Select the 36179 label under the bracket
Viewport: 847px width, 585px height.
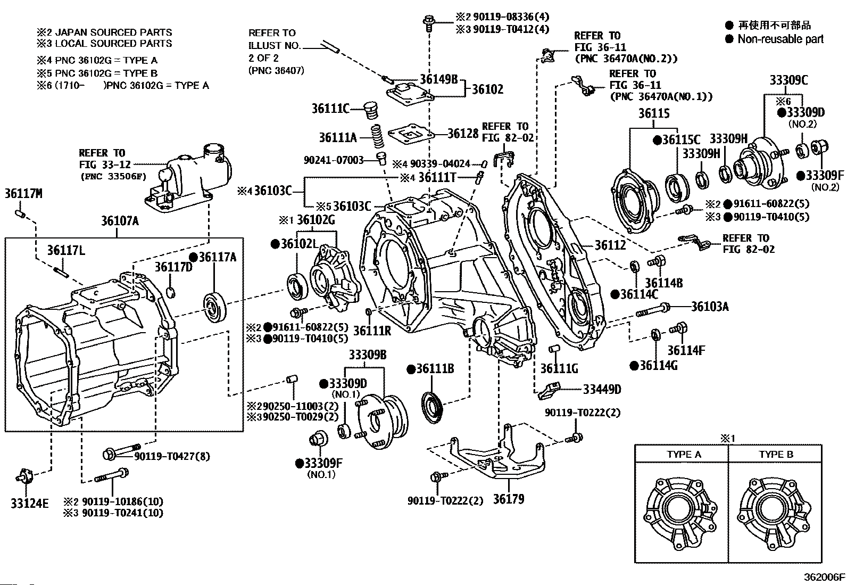pyautogui.click(x=508, y=499)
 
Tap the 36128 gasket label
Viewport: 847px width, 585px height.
pyautogui.click(x=463, y=134)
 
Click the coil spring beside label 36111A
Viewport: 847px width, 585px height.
pyautogui.click(x=377, y=137)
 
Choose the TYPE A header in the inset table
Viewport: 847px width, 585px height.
pyautogui.click(x=684, y=454)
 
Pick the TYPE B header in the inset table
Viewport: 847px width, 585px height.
pyautogui.click(x=776, y=454)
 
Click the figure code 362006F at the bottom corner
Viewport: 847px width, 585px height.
pyautogui.click(x=824, y=576)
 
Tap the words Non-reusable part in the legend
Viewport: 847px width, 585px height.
pyautogui.click(x=780, y=39)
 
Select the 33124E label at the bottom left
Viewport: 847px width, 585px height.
pyautogui.click(x=29, y=502)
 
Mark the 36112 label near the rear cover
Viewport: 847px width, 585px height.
pyautogui.click(x=610, y=245)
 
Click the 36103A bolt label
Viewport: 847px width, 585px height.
pyautogui.click(x=710, y=306)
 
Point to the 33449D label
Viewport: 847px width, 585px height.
pyautogui.click(x=602, y=389)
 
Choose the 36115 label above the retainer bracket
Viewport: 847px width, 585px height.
pyautogui.click(x=654, y=113)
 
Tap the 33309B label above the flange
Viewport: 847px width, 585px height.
pyautogui.click(x=367, y=355)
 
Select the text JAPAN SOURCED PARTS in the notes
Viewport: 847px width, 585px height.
pyautogui.click(x=113, y=32)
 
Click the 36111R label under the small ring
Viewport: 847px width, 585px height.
pyautogui.click(x=372, y=331)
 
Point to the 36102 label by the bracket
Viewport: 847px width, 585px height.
pyautogui.click(x=487, y=89)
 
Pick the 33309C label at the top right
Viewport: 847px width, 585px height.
pyautogui.click(x=788, y=80)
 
